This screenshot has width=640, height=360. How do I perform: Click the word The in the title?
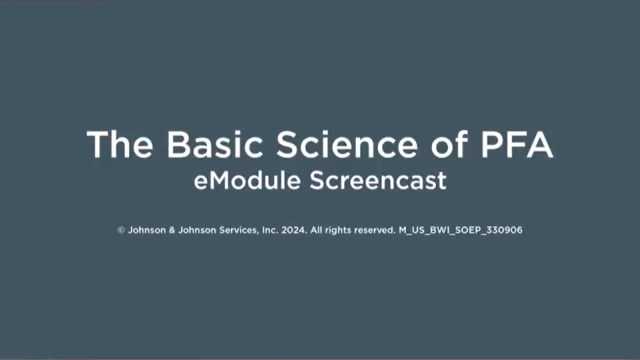(119, 144)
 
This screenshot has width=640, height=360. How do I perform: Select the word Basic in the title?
(215, 144)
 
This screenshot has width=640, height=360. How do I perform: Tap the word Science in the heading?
(346, 144)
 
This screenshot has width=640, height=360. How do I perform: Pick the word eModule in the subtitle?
(247, 180)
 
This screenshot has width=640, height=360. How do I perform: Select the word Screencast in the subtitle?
(377, 180)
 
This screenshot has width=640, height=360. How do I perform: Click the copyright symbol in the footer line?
(121, 230)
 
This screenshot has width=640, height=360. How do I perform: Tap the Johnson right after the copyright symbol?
(144, 230)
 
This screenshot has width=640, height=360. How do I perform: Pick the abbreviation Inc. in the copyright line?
(270, 230)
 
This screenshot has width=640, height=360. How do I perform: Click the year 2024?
(294, 230)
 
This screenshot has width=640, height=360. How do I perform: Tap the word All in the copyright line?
(316, 230)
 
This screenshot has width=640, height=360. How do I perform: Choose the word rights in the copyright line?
(337, 230)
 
